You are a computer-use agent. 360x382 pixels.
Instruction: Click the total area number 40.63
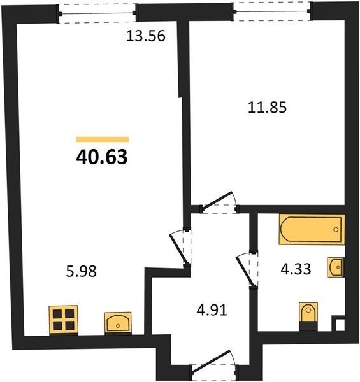102,157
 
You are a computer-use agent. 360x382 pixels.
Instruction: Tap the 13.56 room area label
146,36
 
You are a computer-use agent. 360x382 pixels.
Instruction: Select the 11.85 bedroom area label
267,108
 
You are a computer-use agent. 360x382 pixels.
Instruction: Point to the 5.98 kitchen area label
82,271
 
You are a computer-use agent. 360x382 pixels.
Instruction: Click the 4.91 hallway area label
212,311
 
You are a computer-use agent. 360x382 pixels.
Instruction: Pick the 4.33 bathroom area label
296,269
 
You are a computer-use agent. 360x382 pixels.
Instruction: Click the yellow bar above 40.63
103,139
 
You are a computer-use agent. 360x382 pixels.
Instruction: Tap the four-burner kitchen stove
63,320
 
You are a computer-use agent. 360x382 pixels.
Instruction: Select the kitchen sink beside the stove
118,323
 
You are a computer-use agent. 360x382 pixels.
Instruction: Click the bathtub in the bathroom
312,229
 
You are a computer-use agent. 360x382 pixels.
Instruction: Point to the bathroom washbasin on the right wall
336,267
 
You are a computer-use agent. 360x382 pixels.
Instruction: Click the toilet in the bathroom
308,316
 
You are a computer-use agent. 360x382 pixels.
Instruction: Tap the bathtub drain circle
336,229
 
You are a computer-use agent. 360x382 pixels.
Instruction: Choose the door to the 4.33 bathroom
247,269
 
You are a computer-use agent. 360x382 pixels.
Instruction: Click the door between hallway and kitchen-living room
180,247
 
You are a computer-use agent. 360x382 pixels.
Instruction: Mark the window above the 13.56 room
97,13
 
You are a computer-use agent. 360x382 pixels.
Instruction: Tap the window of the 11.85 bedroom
272,11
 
